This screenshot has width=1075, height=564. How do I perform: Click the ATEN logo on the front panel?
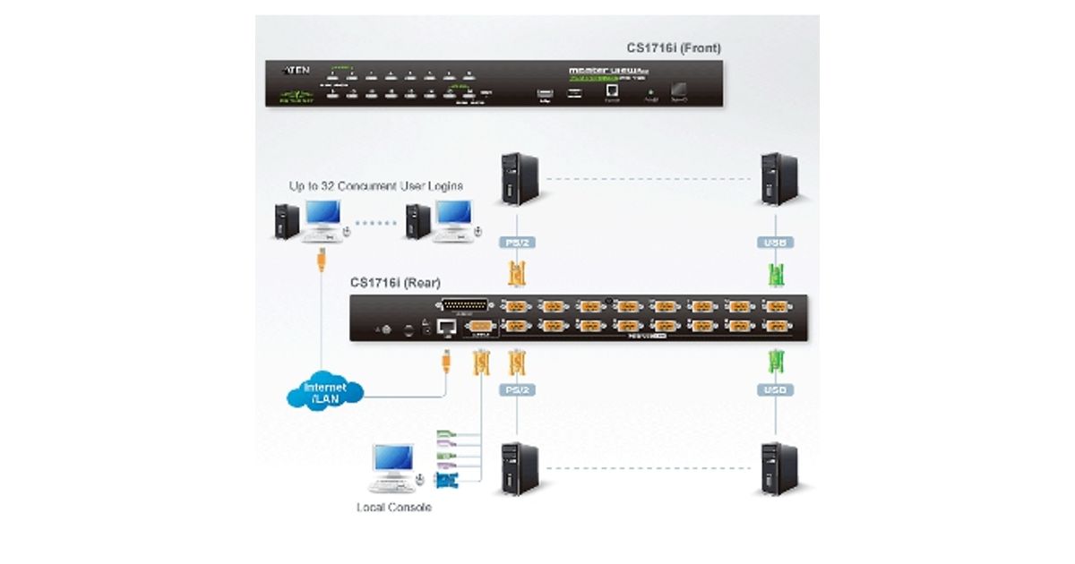(297, 68)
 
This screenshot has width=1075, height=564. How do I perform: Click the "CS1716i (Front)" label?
(674, 47)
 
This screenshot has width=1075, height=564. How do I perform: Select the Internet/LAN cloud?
(325, 390)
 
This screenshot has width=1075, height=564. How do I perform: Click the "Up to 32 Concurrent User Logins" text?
(375, 186)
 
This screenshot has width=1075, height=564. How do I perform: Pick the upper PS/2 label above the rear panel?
(515, 242)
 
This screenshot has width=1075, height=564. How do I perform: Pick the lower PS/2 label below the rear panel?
(515, 390)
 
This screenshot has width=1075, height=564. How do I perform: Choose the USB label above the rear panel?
(777, 242)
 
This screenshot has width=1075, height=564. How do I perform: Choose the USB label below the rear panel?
(777, 390)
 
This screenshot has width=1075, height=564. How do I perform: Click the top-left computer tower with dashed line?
(519, 179)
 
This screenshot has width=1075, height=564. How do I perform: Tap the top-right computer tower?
(778, 179)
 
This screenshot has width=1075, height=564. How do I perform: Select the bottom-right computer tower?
(778, 468)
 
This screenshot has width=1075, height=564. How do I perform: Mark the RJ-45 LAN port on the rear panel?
(447, 328)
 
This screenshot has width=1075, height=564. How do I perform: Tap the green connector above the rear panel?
(777, 273)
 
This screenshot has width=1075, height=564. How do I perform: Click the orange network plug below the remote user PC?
(320, 265)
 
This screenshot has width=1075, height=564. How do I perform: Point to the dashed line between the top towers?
(648, 179)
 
